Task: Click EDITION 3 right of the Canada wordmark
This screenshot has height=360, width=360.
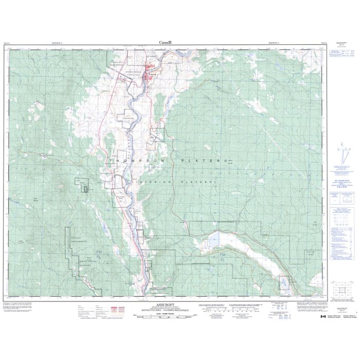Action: point(276,43)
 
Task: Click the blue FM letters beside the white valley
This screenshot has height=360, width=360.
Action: point(223,256)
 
